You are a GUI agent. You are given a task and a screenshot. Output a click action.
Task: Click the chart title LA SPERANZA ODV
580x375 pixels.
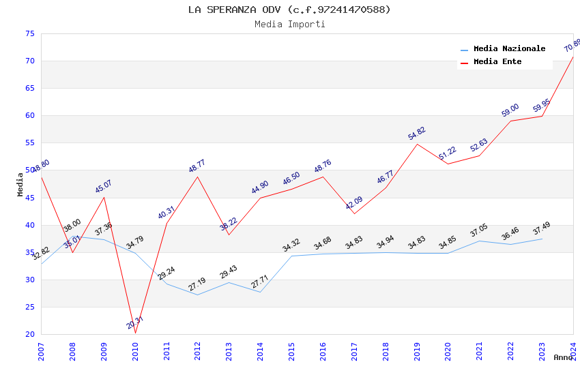pos(289,10)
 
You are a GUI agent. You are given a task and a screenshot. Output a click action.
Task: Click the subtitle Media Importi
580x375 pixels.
pos(289,25)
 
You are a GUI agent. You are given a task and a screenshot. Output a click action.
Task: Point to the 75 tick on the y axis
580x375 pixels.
pos(29,33)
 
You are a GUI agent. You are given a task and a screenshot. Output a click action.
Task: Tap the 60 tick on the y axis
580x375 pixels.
pos(29,115)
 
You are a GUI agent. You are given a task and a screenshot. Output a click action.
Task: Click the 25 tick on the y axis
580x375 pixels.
pos(29,307)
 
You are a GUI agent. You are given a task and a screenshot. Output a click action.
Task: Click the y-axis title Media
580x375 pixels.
pos(20,184)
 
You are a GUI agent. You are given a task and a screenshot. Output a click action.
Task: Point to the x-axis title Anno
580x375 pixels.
pos(563,357)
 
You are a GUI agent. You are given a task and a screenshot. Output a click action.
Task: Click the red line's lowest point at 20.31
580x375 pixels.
pos(135,333)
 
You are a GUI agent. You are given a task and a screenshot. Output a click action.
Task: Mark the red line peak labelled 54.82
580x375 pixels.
pos(417,144)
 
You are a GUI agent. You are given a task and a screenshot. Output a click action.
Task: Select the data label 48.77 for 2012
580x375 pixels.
pos(197,166)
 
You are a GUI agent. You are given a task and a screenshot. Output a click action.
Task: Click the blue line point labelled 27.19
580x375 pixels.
pos(198,295)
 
